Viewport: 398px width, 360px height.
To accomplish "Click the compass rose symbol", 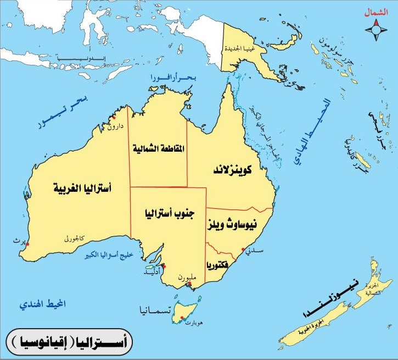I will pyautogui.click(x=377, y=30).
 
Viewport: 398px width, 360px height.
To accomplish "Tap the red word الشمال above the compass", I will pyautogui.click(x=376, y=12).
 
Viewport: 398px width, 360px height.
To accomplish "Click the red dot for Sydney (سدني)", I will pyautogui.click(x=243, y=249).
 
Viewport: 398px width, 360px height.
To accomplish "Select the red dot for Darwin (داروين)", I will pyautogui.click(x=114, y=118).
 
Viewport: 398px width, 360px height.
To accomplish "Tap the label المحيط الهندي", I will pyautogui.click(x=42, y=304).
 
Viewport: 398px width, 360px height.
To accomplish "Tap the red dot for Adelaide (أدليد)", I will pyautogui.click(x=164, y=265).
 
